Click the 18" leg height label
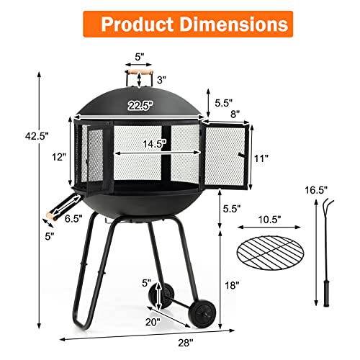(230, 285)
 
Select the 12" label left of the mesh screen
(58, 156)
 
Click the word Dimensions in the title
(234, 24)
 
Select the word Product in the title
(135, 24)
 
